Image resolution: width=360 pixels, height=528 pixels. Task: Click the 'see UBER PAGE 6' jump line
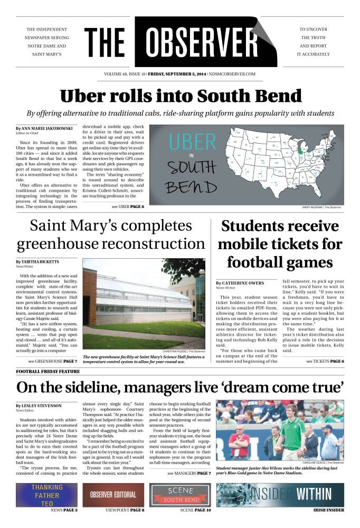[128, 206]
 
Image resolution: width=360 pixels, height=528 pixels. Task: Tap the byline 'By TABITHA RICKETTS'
[37, 262]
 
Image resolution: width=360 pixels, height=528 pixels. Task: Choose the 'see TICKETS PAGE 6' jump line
[325, 361]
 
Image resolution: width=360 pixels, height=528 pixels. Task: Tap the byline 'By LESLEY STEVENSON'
[39, 406]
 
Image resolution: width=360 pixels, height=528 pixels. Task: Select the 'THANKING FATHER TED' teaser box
[46, 495]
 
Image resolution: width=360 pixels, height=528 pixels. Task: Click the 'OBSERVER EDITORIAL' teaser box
[113, 495]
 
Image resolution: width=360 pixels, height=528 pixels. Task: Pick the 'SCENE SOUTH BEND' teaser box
[180, 495]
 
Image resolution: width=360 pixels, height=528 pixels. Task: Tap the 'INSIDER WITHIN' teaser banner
[280, 495]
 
